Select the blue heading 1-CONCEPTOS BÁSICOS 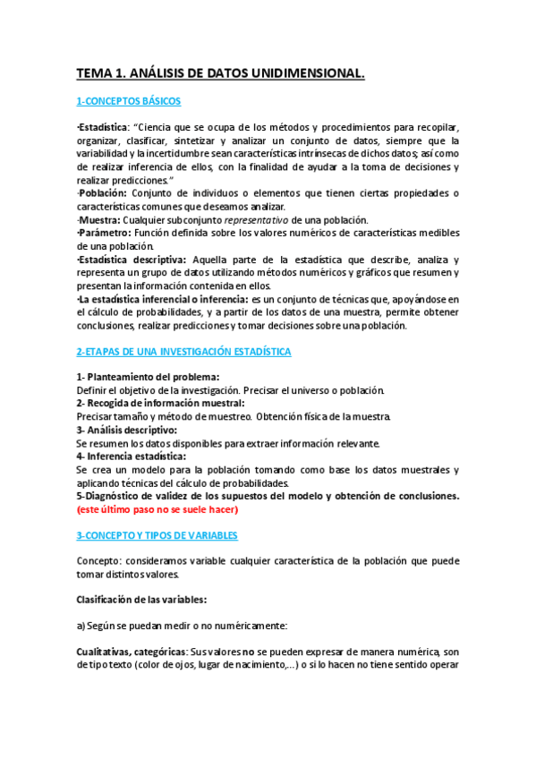point(128,101)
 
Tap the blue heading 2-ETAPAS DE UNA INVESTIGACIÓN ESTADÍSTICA point(183,352)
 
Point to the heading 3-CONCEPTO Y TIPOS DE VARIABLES point(157,535)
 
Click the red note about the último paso point(157,509)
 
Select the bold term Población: point(103,193)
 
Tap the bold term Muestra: point(100,220)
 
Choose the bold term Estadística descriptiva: point(131,260)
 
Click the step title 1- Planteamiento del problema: point(148,377)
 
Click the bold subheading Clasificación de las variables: point(146,600)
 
